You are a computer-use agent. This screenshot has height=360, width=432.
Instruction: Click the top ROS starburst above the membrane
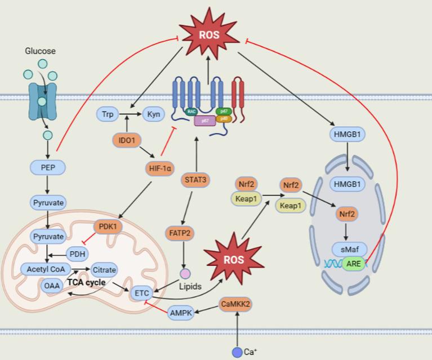[207, 35]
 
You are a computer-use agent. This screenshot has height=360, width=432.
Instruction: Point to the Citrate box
[104, 270]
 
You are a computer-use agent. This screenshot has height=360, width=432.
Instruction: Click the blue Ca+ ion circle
[237, 352]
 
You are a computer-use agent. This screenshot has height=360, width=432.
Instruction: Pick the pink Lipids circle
[185, 274]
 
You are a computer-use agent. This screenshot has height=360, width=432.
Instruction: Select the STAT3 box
[195, 180]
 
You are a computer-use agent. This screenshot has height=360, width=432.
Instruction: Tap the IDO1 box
[127, 138]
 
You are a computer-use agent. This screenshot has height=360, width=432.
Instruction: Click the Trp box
[108, 114]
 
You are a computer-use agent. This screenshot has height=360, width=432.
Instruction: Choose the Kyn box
[153, 114]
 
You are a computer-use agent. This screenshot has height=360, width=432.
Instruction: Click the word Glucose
[40, 51]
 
